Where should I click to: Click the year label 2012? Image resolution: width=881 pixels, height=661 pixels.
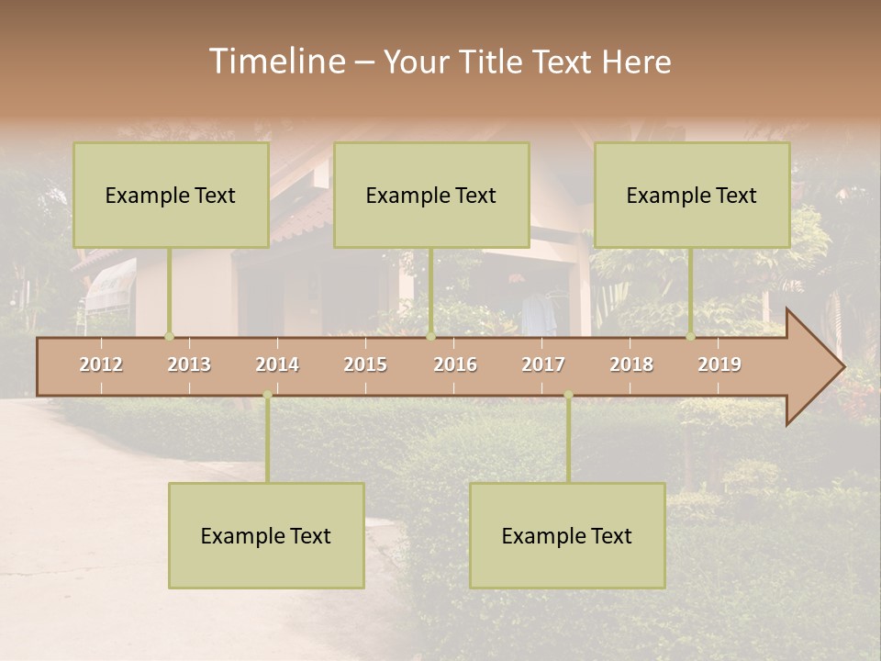(x=101, y=364)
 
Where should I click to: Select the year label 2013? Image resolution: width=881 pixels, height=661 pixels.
(x=189, y=364)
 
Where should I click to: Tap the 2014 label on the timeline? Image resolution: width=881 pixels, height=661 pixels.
(x=277, y=364)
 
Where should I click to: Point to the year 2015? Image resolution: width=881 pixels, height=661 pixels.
(x=365, y=364)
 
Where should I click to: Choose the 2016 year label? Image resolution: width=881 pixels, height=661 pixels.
(x=455, y=364)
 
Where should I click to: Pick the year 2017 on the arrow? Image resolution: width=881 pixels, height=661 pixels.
(x=543, y=364)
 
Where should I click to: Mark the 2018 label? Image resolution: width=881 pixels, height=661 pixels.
(x=631, y=364)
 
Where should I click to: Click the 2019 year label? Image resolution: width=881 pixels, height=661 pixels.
(x=719, y=364)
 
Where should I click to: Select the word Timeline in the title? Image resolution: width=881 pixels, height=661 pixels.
(x=275, y=62)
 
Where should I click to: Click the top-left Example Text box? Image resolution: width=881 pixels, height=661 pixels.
(x=171, y=195)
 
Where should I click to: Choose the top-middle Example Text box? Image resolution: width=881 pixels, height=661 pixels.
(x=431, y=195)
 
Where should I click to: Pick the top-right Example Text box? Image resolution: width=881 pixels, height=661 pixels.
(x=692, y=195)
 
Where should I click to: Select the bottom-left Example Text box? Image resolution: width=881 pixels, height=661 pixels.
(x=266, y=535)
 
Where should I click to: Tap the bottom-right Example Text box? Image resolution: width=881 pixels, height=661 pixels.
(x=567, y=535)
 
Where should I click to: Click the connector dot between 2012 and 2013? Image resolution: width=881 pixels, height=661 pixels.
(x=169, y=336)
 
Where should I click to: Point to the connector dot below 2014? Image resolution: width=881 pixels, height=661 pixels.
(x=267, y=395)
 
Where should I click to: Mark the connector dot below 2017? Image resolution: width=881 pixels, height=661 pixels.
(x=568, y=395)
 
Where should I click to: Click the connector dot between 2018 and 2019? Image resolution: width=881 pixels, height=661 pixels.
(x=690, y=336)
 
